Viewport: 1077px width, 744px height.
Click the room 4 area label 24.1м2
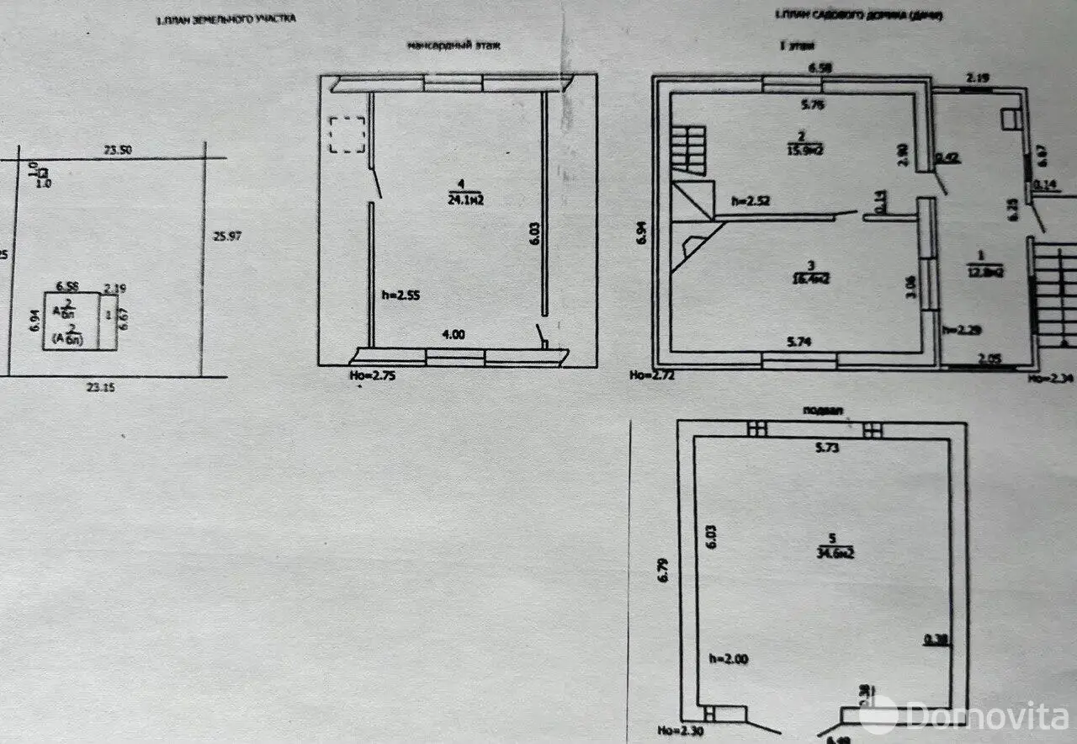[x=464, y=199]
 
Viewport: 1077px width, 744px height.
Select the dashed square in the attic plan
[x=347, y=135]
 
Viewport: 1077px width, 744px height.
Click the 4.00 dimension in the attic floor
[x=453, y=334]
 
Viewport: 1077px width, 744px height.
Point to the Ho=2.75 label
[x=370, y=375]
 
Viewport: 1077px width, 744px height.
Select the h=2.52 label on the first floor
[x=751, y=201]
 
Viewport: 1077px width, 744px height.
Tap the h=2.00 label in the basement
[x=728, y=659]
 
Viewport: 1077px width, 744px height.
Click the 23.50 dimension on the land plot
[x=118, y=150]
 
